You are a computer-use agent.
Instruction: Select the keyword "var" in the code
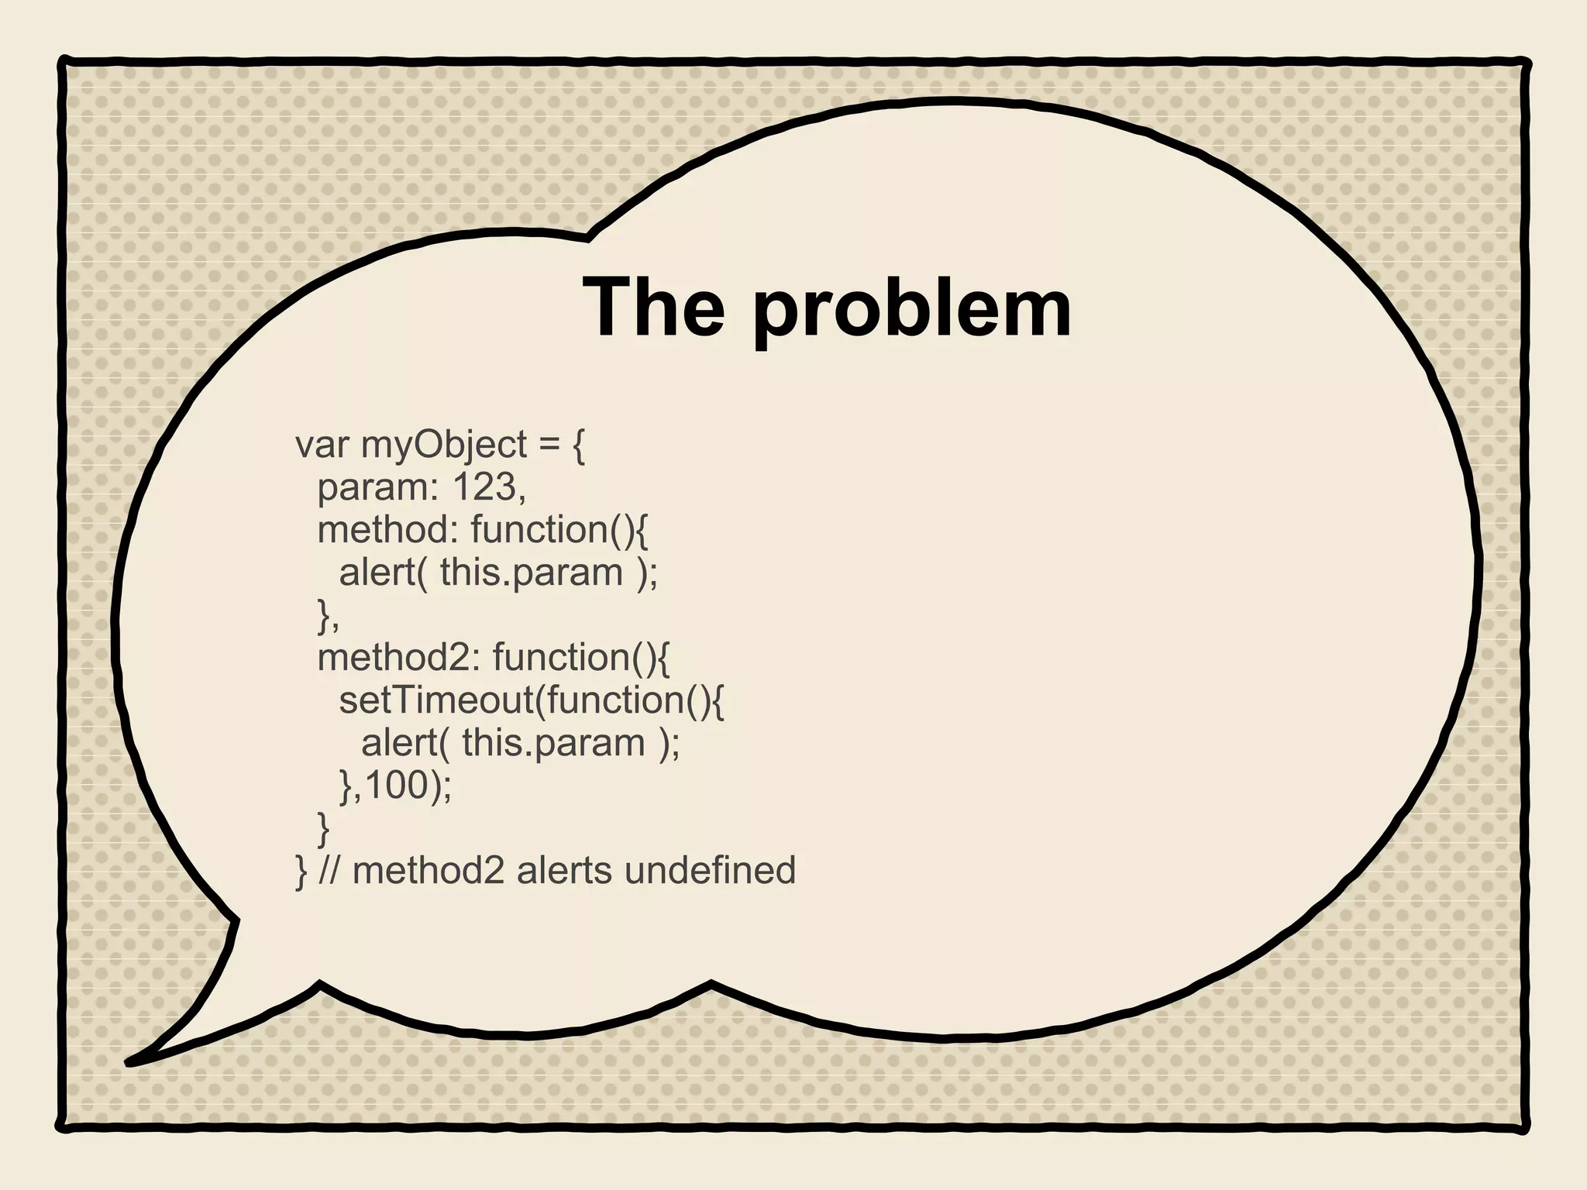322,445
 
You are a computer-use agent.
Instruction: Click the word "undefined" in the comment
710,870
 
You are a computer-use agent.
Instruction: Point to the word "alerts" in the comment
564,870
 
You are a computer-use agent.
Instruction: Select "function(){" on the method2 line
581,658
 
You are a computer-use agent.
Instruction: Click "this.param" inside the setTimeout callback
553,743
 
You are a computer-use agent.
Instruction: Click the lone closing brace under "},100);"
323,829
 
